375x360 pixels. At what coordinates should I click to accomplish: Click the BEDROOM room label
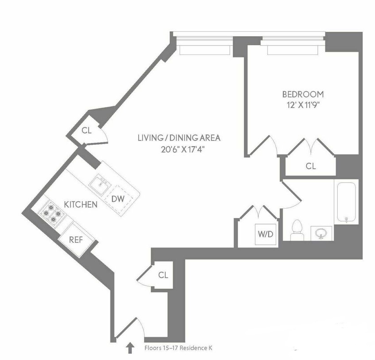tap(303, 94)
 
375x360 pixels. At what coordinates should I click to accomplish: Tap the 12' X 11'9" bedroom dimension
tap(303, 105)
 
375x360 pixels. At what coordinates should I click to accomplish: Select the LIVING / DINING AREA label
tap(179, 138)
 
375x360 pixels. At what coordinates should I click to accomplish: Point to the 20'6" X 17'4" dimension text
tap(183, 149)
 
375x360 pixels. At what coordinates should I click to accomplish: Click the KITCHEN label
tap(81, 205)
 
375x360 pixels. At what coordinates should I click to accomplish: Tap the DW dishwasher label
tap(118, 199)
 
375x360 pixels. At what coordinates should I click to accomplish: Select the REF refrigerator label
tap(76, 240)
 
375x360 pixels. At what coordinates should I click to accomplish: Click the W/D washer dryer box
tap(266, 234)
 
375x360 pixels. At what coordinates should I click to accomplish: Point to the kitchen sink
tap(100, 185)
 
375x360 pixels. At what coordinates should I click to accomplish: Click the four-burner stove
tap(52, 212)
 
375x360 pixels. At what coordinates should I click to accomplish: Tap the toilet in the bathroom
tap(297, 230)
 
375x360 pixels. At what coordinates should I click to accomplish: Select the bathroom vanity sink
tap(321, 233)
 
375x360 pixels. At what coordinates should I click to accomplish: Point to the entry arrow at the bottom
tap(130, 348)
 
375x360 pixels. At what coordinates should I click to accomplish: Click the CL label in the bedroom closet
tap(311, 166)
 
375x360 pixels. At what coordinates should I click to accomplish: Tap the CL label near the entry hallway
tap(163, 275)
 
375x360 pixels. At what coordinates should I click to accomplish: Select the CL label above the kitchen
tap(86, 131)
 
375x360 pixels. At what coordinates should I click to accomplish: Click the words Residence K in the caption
tap(195, 348)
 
